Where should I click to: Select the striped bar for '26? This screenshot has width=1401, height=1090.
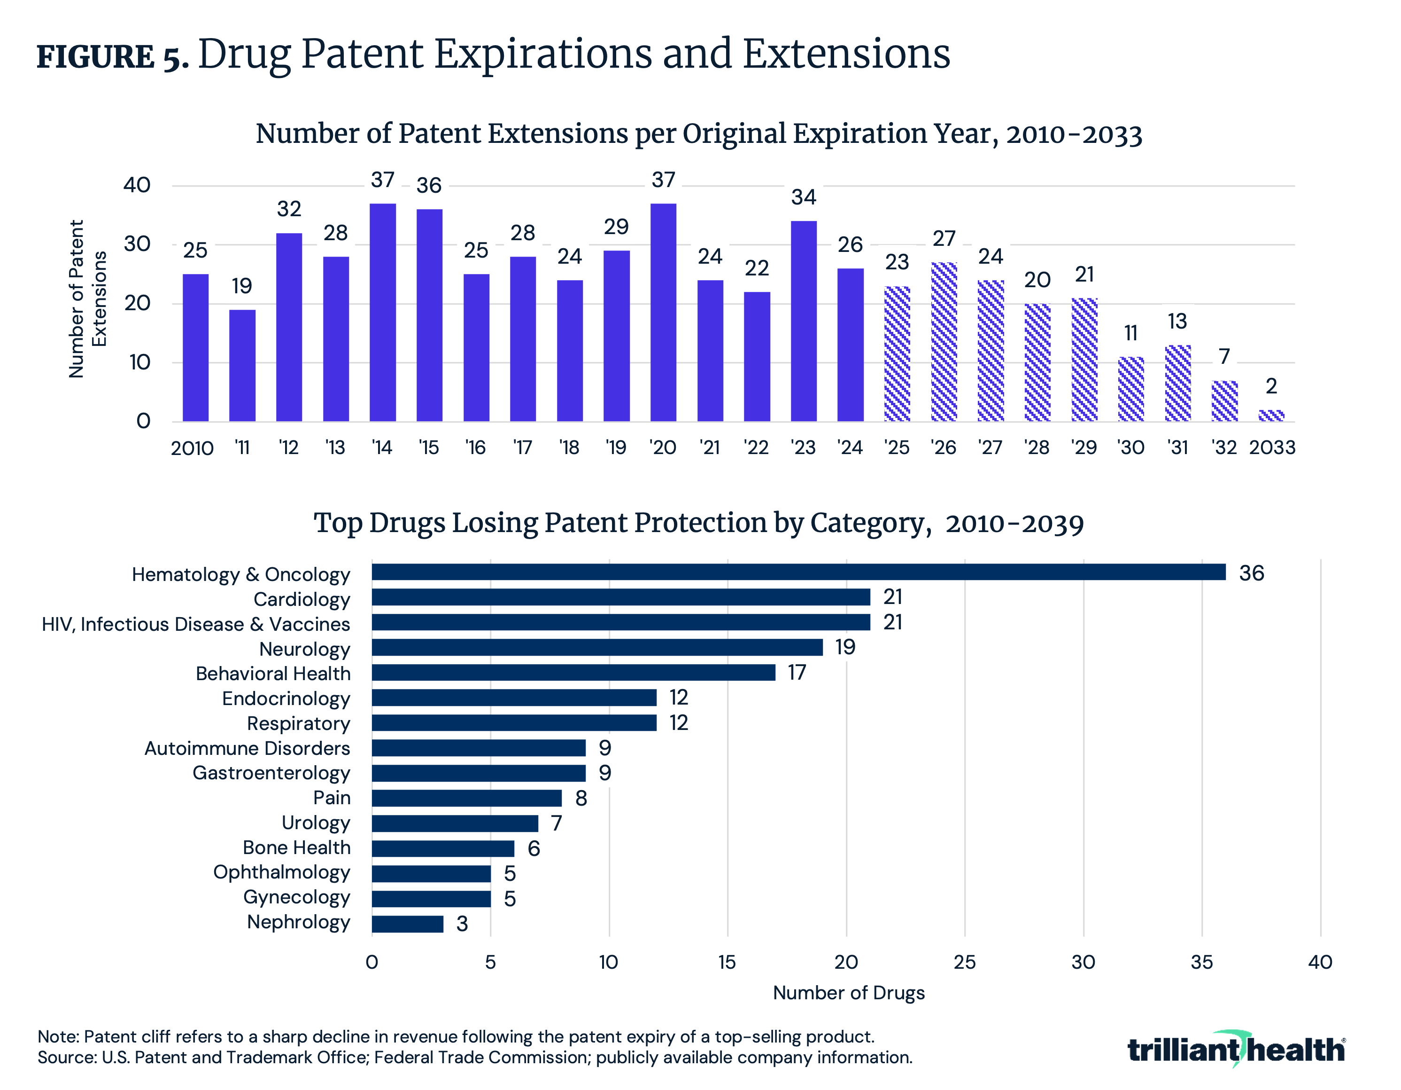[x=944, y=342]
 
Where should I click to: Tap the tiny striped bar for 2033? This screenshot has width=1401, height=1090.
[x=1271, y=416]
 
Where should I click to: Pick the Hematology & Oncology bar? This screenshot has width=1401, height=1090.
[x=798, y=572]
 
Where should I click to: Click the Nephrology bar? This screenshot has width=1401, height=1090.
[x=407, y=924]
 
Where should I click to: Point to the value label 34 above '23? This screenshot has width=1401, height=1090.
[x=804, y=197]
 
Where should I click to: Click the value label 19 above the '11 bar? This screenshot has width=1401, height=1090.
[x=242, y=286]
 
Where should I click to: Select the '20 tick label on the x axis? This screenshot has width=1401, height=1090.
[x=663, y=447]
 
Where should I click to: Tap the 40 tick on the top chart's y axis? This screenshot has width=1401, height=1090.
[x=137, y=186]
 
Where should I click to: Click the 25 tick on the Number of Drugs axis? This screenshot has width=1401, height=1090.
[x=964, y=962]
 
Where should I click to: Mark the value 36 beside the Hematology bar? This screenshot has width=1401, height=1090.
[x=1251, y=572]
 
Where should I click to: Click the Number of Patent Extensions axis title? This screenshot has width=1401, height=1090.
[x=86, y=299]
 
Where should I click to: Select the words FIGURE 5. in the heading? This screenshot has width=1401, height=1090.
[x=112, y=56]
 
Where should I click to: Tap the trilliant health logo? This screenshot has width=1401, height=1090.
[x=1236, y=1050]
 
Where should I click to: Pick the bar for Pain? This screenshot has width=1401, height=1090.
[x=466, y=798]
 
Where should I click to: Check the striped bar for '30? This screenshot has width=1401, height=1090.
[x=1130, y=389]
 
